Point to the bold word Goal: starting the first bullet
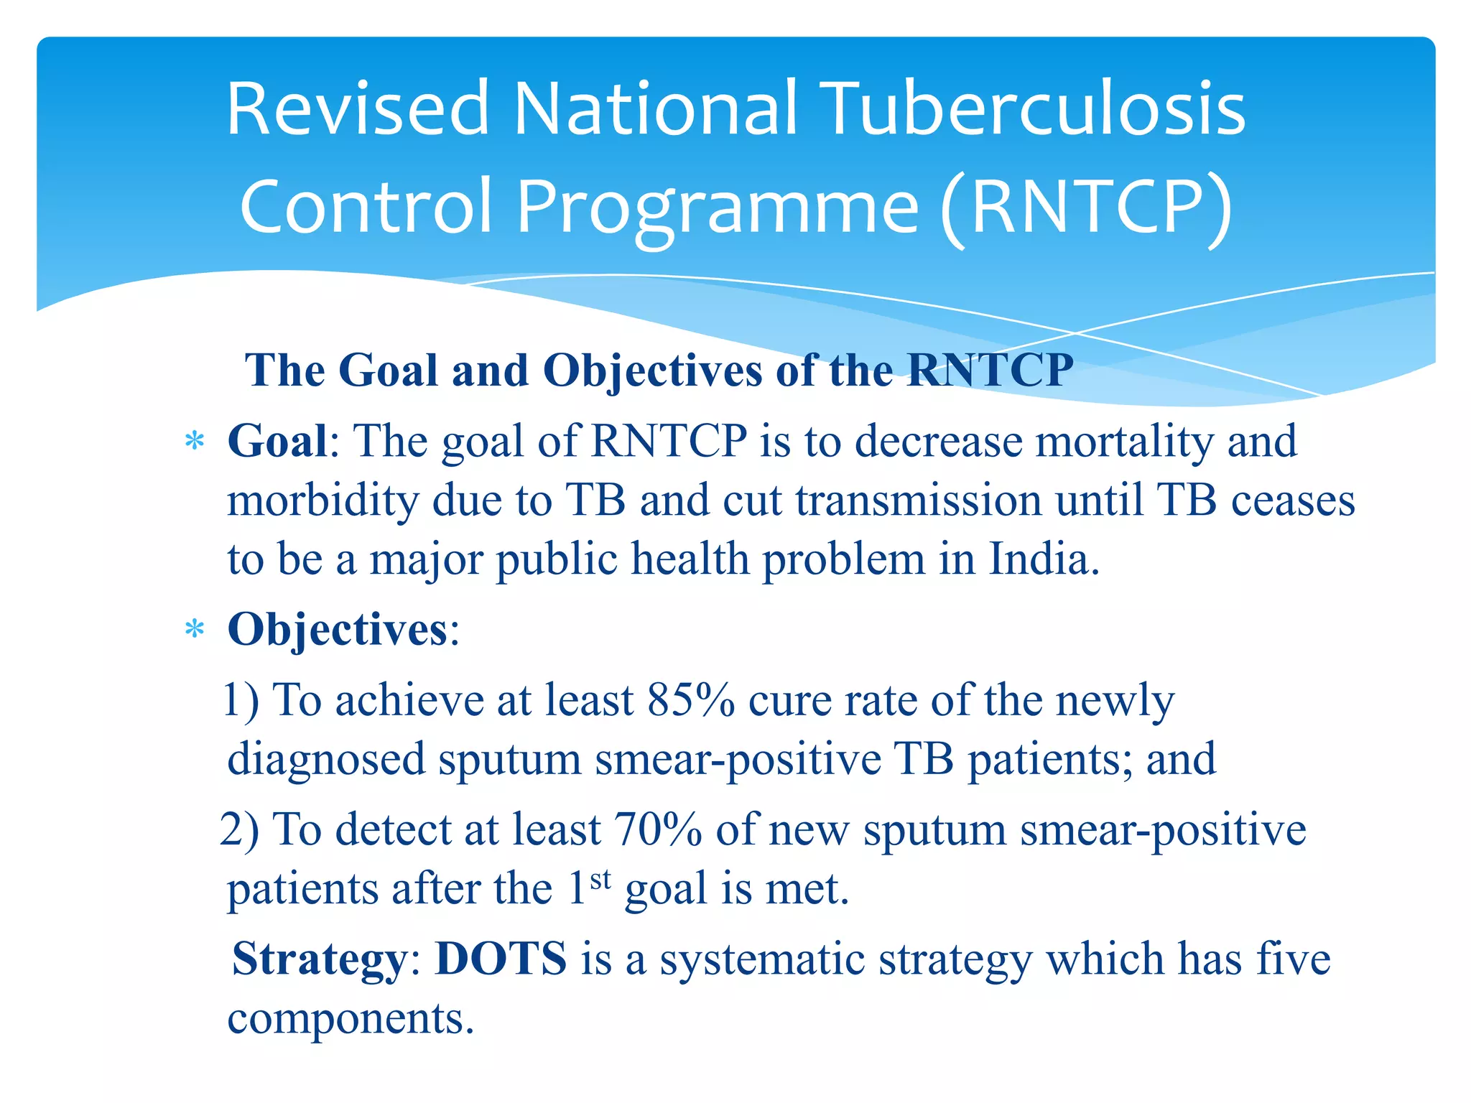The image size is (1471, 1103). click(x=277, y=441)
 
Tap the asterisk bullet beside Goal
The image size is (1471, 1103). click(x=195, y=442)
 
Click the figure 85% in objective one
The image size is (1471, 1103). click(x=690, y=700)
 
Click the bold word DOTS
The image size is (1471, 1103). click(x=501, y=959)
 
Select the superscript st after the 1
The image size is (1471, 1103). click(x=600, y=879)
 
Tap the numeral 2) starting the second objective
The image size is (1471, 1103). click(x=239, y=830)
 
